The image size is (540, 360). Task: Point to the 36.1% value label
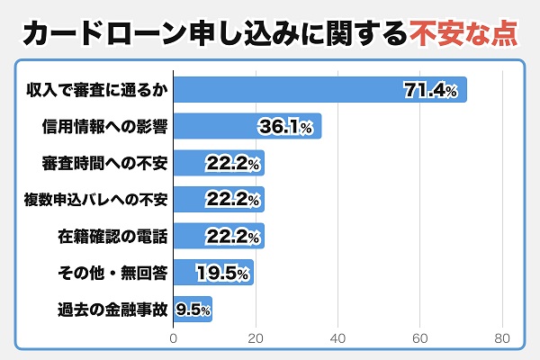pos(285,127)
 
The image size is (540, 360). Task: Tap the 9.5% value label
pos(193,310)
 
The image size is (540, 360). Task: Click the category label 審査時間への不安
pos(104,164)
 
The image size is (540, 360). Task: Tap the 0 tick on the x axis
pos(174,338)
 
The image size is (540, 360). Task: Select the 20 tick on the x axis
pos(256,338)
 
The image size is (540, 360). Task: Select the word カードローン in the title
pos(94,34)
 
